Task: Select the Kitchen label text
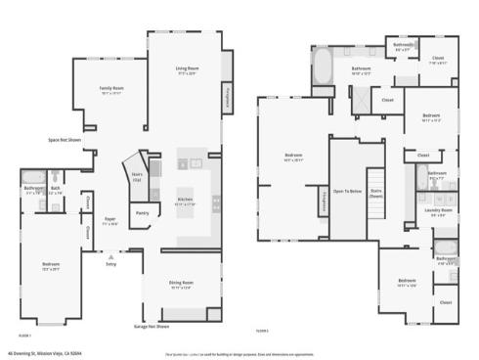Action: click(x=185, y=202)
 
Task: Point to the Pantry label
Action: click(x=142, y=212)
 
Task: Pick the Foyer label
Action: click(x=110, y=221)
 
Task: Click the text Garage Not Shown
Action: click(x=152, y=326)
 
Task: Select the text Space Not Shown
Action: click(x=65, y=140)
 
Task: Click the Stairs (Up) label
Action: click(x=137, y=176)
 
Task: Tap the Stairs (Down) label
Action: click(x=376, y=194)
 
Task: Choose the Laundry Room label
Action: click(x=437, y=211)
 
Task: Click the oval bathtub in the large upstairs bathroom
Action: click(x=323, y=70)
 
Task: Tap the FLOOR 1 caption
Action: click(x=23, y=334)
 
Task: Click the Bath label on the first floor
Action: click(x=56, y=189)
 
